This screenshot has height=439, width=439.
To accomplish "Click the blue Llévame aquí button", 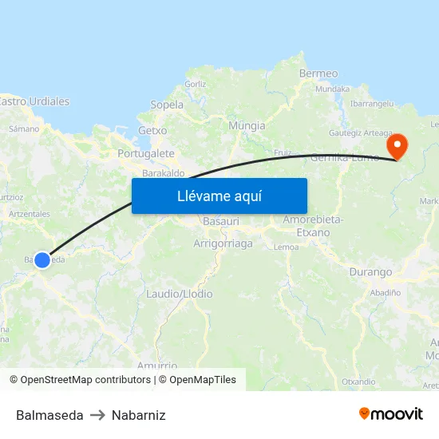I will (219, 196).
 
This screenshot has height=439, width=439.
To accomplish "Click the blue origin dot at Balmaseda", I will (42, 259).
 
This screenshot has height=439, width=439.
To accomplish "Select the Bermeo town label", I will (318, 73).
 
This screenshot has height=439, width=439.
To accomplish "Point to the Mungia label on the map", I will (247, 125).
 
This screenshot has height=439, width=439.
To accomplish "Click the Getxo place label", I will (152, 130).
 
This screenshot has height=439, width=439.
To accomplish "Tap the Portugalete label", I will (145, 153).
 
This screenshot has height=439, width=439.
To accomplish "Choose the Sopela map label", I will (167, 105).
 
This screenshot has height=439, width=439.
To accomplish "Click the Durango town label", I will (370, 272).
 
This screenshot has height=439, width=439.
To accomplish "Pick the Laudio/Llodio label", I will (179, 294).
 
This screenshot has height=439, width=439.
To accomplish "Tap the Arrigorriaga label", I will (223, 243).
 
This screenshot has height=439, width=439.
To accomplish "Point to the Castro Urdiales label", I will (34, 101).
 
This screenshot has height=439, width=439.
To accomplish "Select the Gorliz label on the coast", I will (195, 84).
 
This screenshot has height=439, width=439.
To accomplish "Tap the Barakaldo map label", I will (163, 172).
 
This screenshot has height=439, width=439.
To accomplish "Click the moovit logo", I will (391, 414).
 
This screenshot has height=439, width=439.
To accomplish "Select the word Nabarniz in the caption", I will (139, 415).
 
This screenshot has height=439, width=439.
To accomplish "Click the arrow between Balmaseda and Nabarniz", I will (97, 415).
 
